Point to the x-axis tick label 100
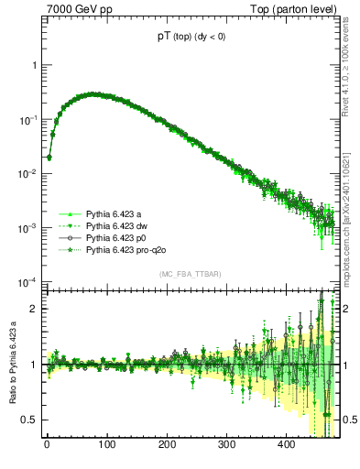tap(106, 445)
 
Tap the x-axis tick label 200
tap(167, 445)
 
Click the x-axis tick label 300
tap(227, 445)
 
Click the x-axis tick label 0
tap(47, 445)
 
